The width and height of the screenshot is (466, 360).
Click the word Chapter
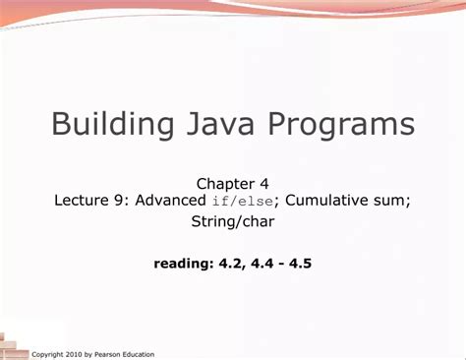(x=226, y=183)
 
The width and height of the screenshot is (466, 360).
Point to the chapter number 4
(x=264, y=183)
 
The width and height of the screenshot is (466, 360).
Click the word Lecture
(x=82, y=200)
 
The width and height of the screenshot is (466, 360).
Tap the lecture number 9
(x=120, y=200)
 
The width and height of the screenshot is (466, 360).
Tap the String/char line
(x=233, y=222)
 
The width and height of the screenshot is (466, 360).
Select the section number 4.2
(x=228, y=264)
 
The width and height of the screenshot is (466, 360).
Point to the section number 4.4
(x=259, y=264)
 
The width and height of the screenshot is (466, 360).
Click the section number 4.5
(x=299, y=264)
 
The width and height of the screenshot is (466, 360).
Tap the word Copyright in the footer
(x=50, y=353)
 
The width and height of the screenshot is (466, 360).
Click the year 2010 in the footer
(x=79, y=353)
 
